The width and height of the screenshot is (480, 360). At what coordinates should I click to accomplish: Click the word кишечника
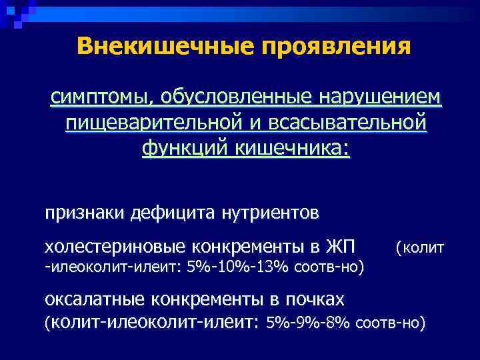pyautogui.click(x=291, y=148)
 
